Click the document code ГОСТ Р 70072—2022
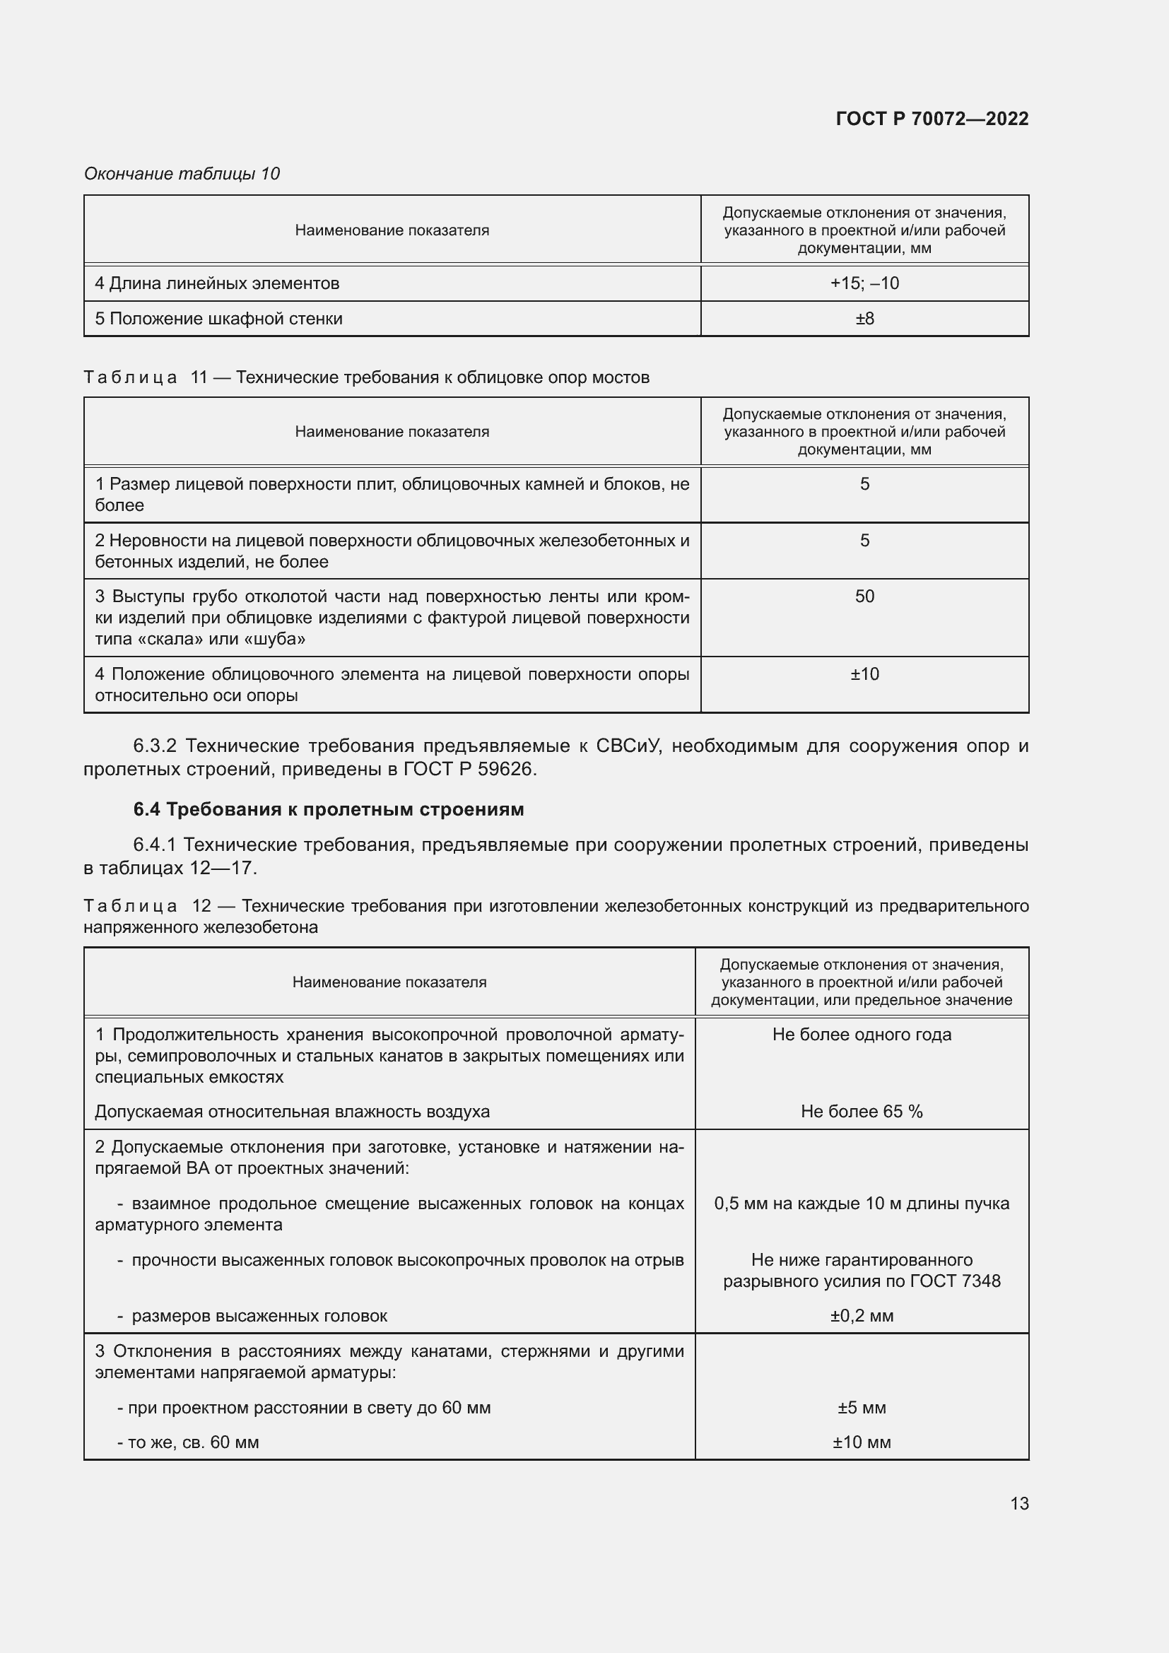pos(932,119)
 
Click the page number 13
pos(1018,1502)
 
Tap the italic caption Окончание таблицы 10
pos(182,174)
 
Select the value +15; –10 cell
pos(864,283)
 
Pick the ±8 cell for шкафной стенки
pos(864,318)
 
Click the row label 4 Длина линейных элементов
pos(217,283)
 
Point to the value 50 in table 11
pos(864,596)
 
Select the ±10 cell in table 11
pos(864,674)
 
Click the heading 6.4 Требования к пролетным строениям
pos(328,809)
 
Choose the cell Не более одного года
pos(861,1035)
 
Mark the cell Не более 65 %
pos(861,1112)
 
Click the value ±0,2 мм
pos(861,1316)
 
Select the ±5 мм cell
pos(861,1408)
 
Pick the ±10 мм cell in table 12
pos(861,1443)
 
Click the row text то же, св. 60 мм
pos(193,1443)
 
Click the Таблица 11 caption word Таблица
pos(130,377)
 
